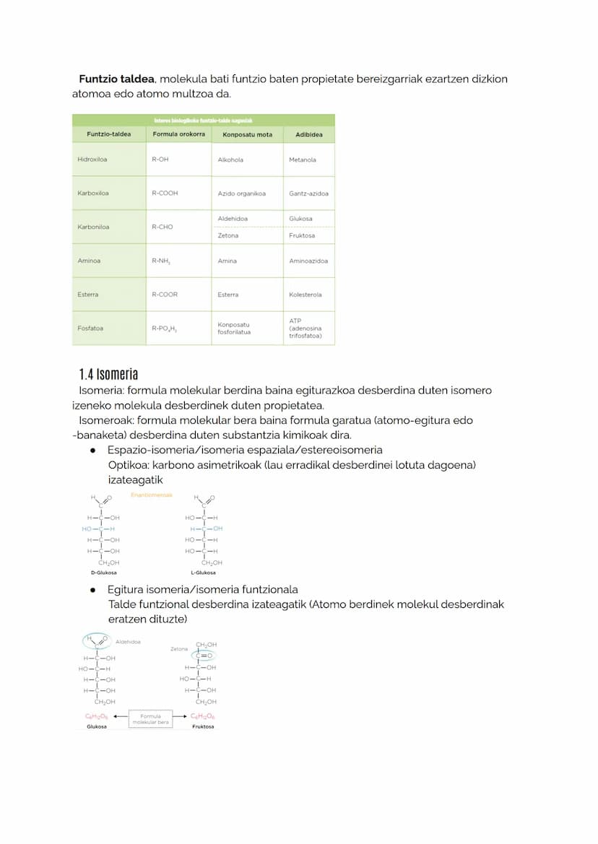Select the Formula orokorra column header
coord(178,134)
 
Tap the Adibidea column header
coord(309,134)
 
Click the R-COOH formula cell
coord(165,193)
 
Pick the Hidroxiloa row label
coord(92,160)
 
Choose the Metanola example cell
coord(303,160)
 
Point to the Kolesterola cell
coord(305,295)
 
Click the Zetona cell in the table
coord(228,235)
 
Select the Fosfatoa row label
coord(90,329)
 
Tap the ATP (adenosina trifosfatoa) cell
coord(305,329)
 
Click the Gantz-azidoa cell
coord(308,193)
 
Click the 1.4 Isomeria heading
coord(108,374)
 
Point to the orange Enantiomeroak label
coord(152,495)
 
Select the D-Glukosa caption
coord(105,573)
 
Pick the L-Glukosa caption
coord(203,573)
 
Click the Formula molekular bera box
coord(150,719)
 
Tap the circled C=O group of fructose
coord(206,656)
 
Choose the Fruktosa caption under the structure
coord(203,726)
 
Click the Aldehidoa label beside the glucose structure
coord(128,641)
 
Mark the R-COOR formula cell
coord(165,295)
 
